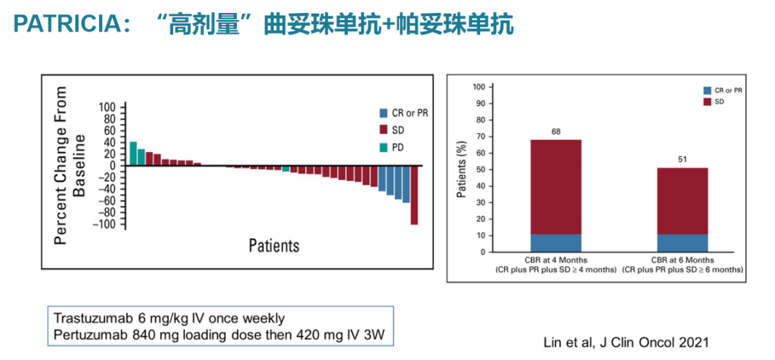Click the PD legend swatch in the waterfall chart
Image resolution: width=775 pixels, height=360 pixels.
click(383, 148)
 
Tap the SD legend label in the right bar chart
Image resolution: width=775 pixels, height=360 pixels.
click(720, 103)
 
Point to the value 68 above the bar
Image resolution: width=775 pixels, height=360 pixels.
click(555, 131)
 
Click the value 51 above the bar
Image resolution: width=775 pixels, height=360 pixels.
click(682, 159)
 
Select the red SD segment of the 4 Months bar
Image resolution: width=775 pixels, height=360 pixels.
click(555, 186)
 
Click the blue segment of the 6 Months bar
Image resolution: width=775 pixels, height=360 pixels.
click(682, 243)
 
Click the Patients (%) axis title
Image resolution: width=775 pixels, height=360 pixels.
click(462, 169)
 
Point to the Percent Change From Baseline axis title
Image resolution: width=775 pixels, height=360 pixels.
click(70, 165)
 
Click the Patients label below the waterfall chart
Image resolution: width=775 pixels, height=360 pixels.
click(274, 245)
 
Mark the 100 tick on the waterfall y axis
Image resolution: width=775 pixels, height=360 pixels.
click(107, 107)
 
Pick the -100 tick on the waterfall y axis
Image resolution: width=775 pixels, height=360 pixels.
click(105, 224)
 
